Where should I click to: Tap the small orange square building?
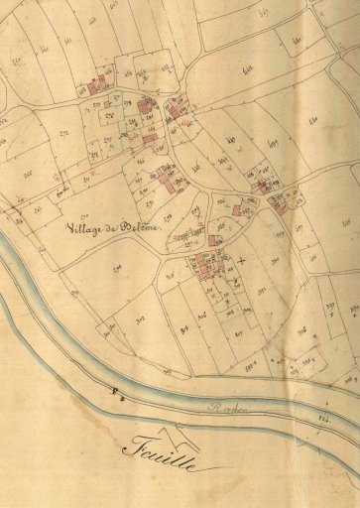click(x=235, y=210)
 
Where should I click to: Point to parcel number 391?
click(x=263, y=290)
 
